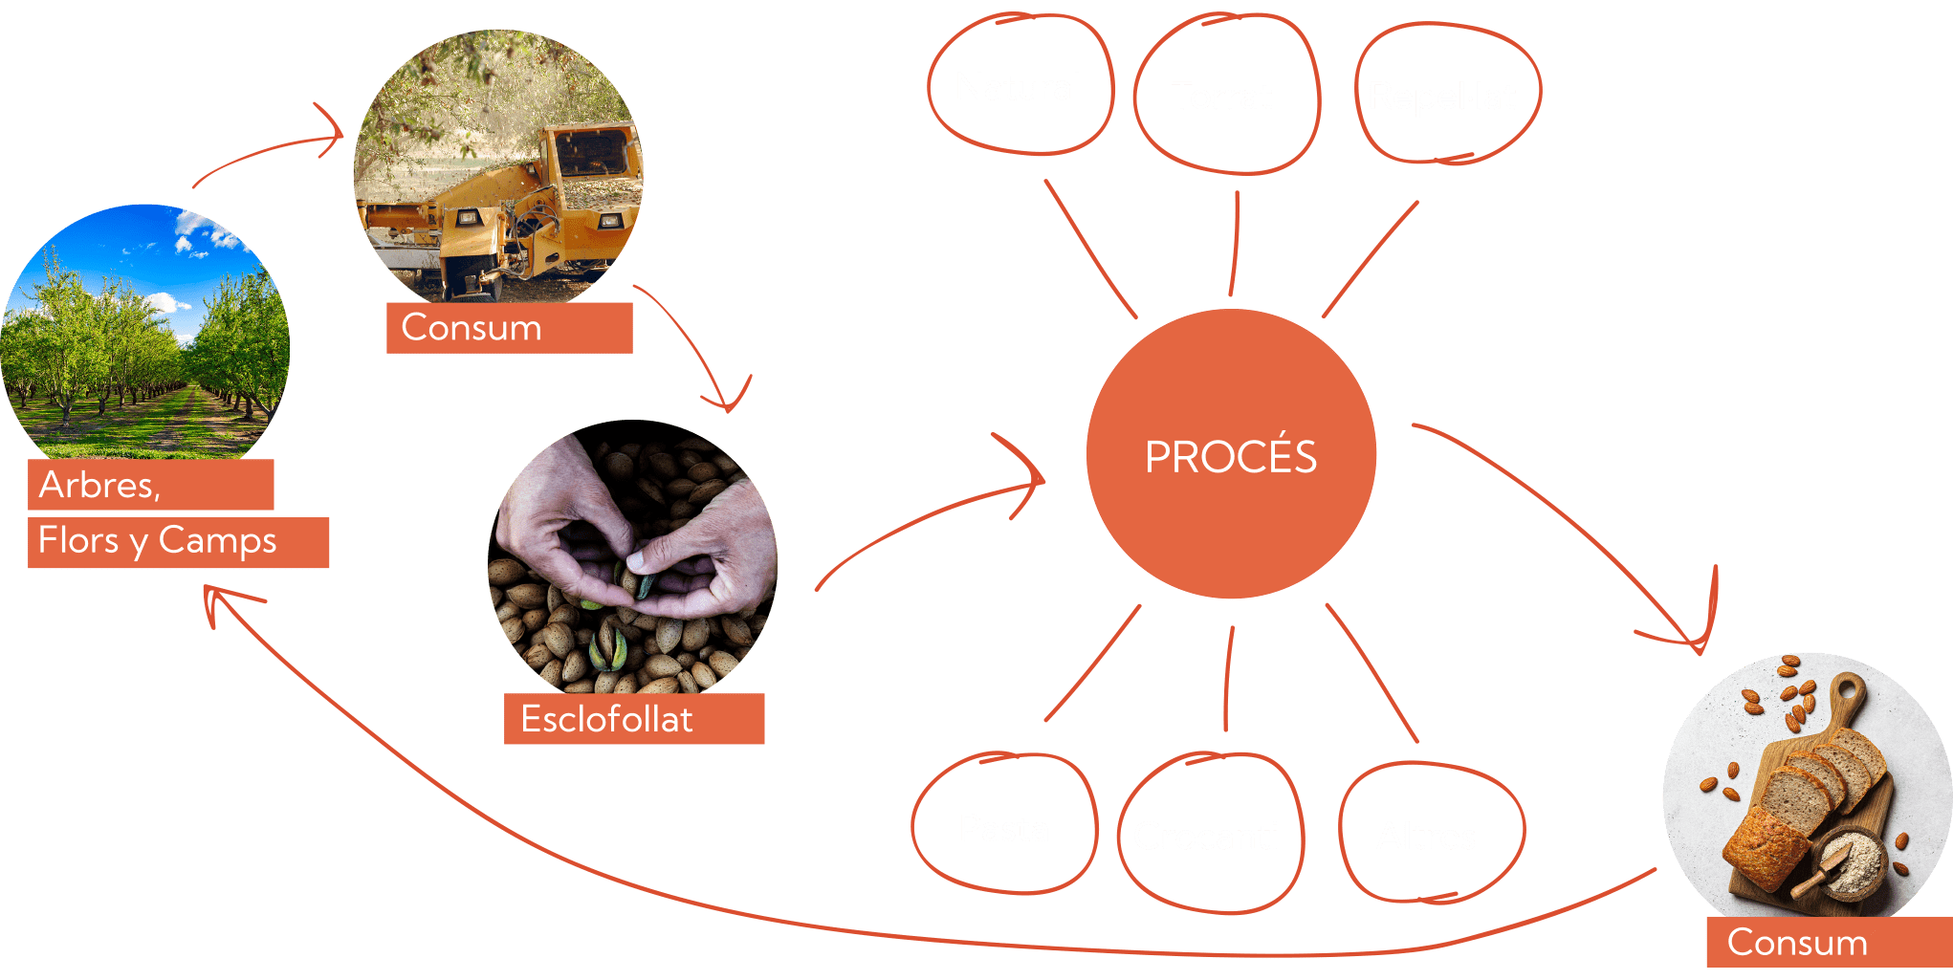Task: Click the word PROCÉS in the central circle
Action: (x=1231, y=457)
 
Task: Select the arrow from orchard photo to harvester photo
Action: (x=268, y=153)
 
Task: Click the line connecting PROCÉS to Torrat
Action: (x=1235, y=244)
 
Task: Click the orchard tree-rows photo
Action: (x=143, y=335)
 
